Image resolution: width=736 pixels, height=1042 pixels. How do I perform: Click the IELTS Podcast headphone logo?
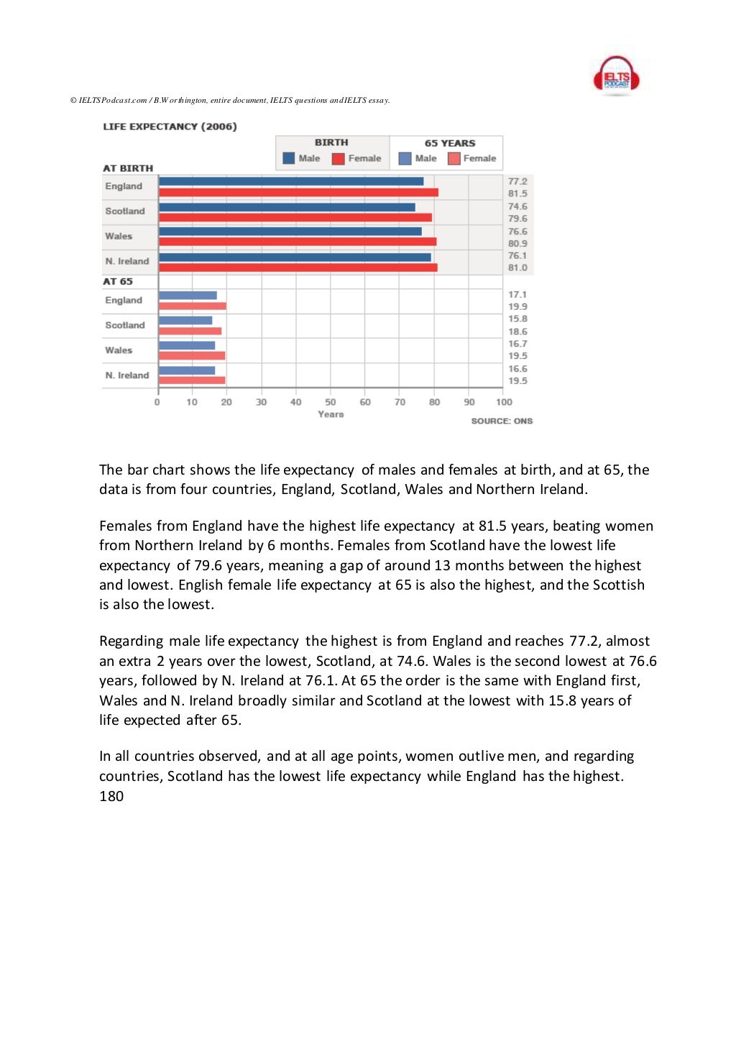616,76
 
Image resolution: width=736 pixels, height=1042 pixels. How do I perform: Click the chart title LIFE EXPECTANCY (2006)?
170,127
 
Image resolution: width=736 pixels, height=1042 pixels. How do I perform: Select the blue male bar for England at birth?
291,181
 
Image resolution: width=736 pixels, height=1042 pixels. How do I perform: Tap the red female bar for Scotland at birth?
295,217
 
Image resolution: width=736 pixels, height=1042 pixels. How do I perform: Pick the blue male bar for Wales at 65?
187,345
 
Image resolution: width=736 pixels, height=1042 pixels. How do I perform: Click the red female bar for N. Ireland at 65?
192,380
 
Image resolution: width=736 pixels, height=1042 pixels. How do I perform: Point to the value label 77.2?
517,181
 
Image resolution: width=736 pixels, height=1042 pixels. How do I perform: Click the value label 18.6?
517,332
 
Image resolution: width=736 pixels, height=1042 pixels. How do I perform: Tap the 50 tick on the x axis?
331,402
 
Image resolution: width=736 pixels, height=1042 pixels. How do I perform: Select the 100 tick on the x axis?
504,402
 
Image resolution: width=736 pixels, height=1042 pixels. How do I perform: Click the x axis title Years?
331,414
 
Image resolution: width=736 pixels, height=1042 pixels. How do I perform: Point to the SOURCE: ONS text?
502,421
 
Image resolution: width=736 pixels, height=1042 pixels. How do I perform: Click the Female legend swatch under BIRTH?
339,158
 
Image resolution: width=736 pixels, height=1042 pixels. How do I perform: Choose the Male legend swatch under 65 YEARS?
405,158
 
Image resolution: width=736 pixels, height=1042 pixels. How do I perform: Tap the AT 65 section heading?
118,281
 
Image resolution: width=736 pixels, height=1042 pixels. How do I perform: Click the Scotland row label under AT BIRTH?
125,211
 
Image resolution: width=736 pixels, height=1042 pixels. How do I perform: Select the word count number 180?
111,796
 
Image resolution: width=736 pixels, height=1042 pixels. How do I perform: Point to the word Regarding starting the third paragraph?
131,641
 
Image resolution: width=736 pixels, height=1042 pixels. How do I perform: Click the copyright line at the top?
230,100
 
